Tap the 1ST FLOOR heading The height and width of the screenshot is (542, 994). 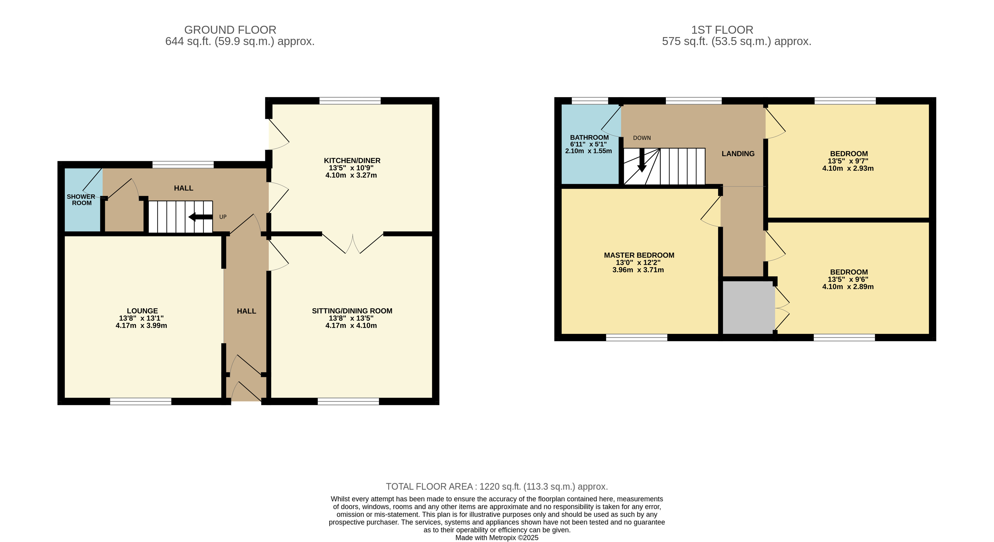pos(722,30)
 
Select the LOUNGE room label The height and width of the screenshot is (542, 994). pos(142,311)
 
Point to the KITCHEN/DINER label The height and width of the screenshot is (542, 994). pos(352,160)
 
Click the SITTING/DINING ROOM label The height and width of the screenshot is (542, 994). pos(352,311)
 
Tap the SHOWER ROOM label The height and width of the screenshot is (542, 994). pos(81,200)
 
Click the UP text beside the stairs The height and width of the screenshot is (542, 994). pos(223,217)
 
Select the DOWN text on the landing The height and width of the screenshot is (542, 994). pos(642,138)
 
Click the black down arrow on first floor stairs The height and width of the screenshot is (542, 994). pos(642,160)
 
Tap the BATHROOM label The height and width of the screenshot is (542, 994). pos(589,137)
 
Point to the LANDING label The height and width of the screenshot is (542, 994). pos(738,153)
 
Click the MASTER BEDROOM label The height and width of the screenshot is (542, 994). pos(639,255)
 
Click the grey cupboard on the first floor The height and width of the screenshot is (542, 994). pos(748,307)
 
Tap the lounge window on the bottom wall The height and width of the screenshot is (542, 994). pos(141,401)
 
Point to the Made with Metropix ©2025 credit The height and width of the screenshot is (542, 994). pos(497,538)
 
